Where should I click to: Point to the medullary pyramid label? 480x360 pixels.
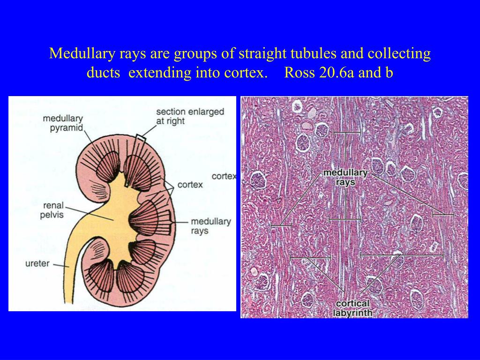[63, 123]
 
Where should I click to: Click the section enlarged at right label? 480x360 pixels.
[190, 116]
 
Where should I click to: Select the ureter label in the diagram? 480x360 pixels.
[37, 263]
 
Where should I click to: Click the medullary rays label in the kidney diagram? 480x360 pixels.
[211, 226]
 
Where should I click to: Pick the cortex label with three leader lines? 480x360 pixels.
[190, 185]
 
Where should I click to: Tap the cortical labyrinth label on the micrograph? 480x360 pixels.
[352, 308]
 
